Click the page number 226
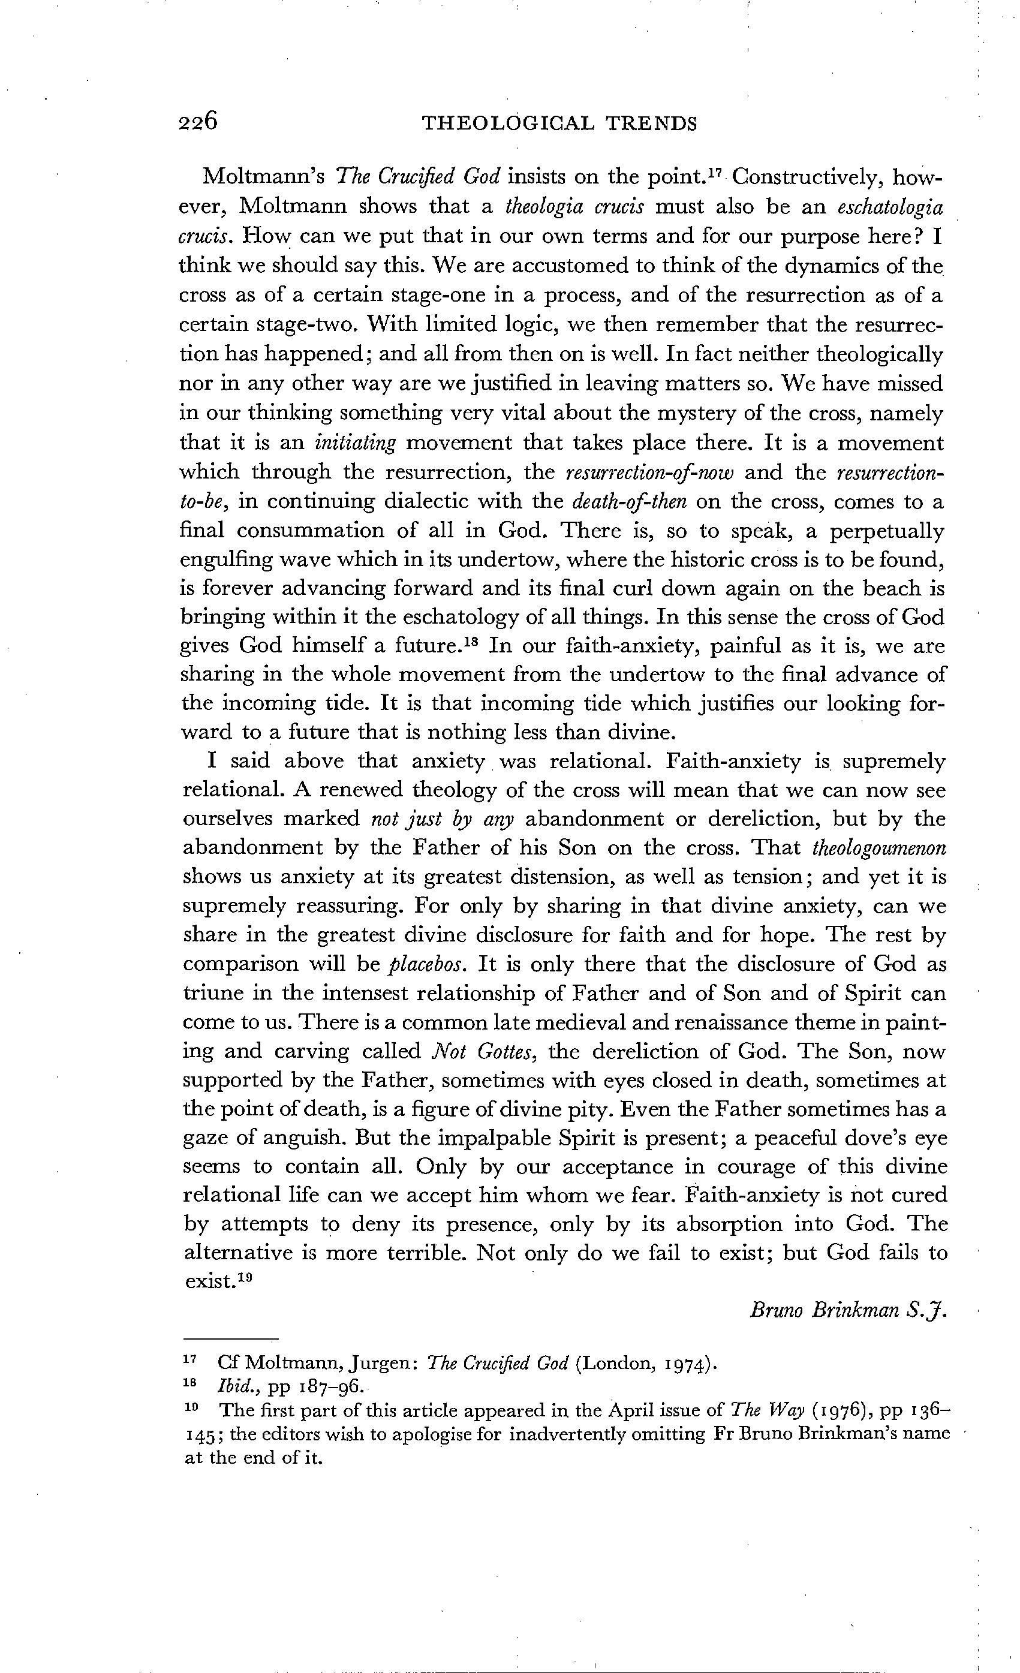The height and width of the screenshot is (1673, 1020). pos(198,122)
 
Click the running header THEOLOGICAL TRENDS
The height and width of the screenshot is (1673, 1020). pos(559,124)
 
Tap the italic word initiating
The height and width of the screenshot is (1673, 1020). pos(355,443)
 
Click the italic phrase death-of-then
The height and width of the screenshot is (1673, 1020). pos(630,502)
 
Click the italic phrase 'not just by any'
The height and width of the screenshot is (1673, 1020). pos(442,820)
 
